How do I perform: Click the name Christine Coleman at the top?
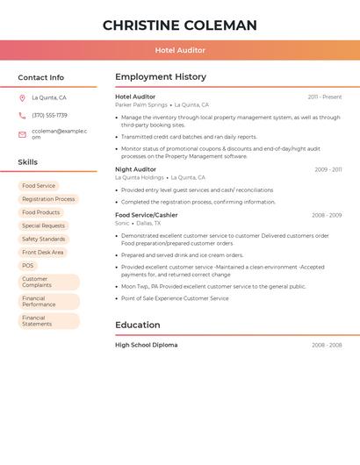pos(180,25)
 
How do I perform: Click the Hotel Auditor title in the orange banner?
pos(180,50)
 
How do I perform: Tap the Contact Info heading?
pos(41,77)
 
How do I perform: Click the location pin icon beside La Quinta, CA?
pos(22,98)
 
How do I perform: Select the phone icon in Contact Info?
pos(22,115)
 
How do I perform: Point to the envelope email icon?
pos(22,134)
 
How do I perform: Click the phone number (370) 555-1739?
pos(49,115)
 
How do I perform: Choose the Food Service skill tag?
pos(39,186)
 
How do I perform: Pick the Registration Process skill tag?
pos(48,199)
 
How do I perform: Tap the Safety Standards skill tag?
pos(43,239)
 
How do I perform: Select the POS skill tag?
pos(28,265)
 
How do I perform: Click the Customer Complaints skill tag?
pos(48,282)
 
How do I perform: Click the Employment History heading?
pos(161,77)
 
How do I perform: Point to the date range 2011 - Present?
pos(324,97)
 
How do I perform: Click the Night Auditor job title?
pos(135,169)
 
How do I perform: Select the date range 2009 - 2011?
pos(328,169)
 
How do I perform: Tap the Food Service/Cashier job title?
pos(146,215)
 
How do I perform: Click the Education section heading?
pos(138,325)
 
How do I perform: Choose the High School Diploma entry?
pos(146,345)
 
